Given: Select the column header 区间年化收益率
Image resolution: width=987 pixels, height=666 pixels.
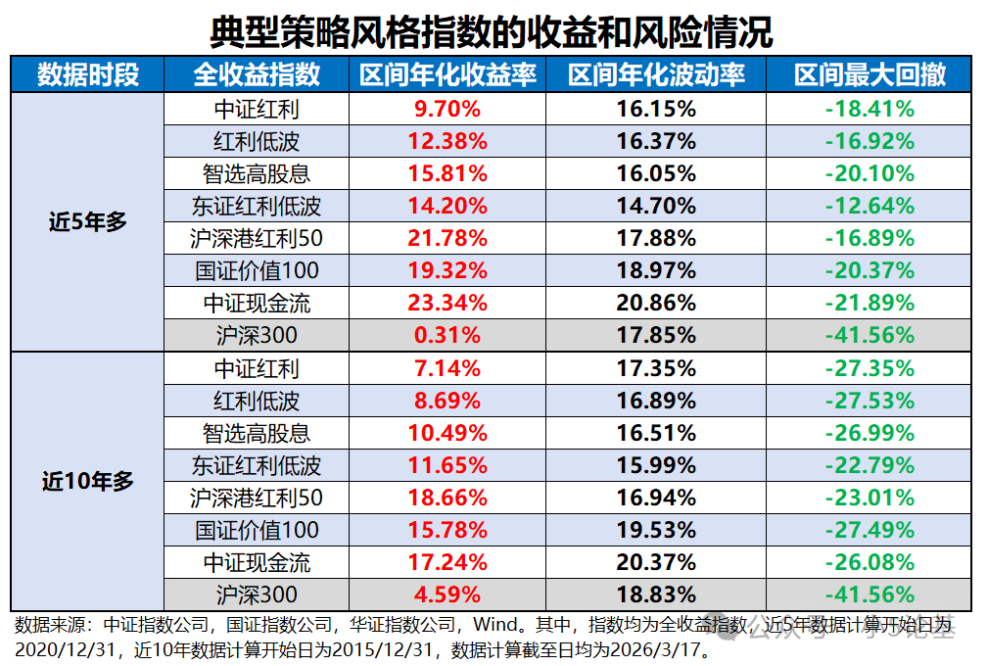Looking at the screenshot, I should tap(447, 74).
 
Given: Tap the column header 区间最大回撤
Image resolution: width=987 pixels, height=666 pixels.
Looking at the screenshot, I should tap(869, 74).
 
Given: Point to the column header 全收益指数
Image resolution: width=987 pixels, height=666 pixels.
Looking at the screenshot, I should tap(257, 74).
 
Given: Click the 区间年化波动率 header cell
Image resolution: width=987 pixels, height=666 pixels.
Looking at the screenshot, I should tap(656, 74).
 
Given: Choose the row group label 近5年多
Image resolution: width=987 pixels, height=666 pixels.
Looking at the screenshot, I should tap(88, 221).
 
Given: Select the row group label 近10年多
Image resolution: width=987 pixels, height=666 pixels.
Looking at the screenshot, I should tap(88, 481).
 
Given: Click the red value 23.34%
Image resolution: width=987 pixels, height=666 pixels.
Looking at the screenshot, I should tap(447, 303).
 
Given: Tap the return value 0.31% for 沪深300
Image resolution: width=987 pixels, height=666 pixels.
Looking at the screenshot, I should tap(447, 335).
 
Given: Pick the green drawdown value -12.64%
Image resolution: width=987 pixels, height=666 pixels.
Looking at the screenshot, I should tap(869, 206).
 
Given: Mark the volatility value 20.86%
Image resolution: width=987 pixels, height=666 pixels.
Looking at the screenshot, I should tap(656, 303).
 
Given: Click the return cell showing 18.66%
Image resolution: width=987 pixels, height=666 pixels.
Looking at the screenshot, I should tap(447, 498).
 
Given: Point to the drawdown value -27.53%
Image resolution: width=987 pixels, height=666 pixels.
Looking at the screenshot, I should tap(869, 401).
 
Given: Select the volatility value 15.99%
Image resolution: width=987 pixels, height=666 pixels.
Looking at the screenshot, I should tap(656, 465).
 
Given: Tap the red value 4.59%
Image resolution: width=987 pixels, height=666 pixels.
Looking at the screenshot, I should tap(447, 595).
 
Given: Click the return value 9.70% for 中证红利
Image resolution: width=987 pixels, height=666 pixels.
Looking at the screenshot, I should tap(447, 109).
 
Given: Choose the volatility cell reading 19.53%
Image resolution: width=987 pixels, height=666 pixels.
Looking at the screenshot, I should tap(656, 530).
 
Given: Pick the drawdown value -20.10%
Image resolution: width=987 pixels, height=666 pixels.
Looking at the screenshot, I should tap(869, 173).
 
